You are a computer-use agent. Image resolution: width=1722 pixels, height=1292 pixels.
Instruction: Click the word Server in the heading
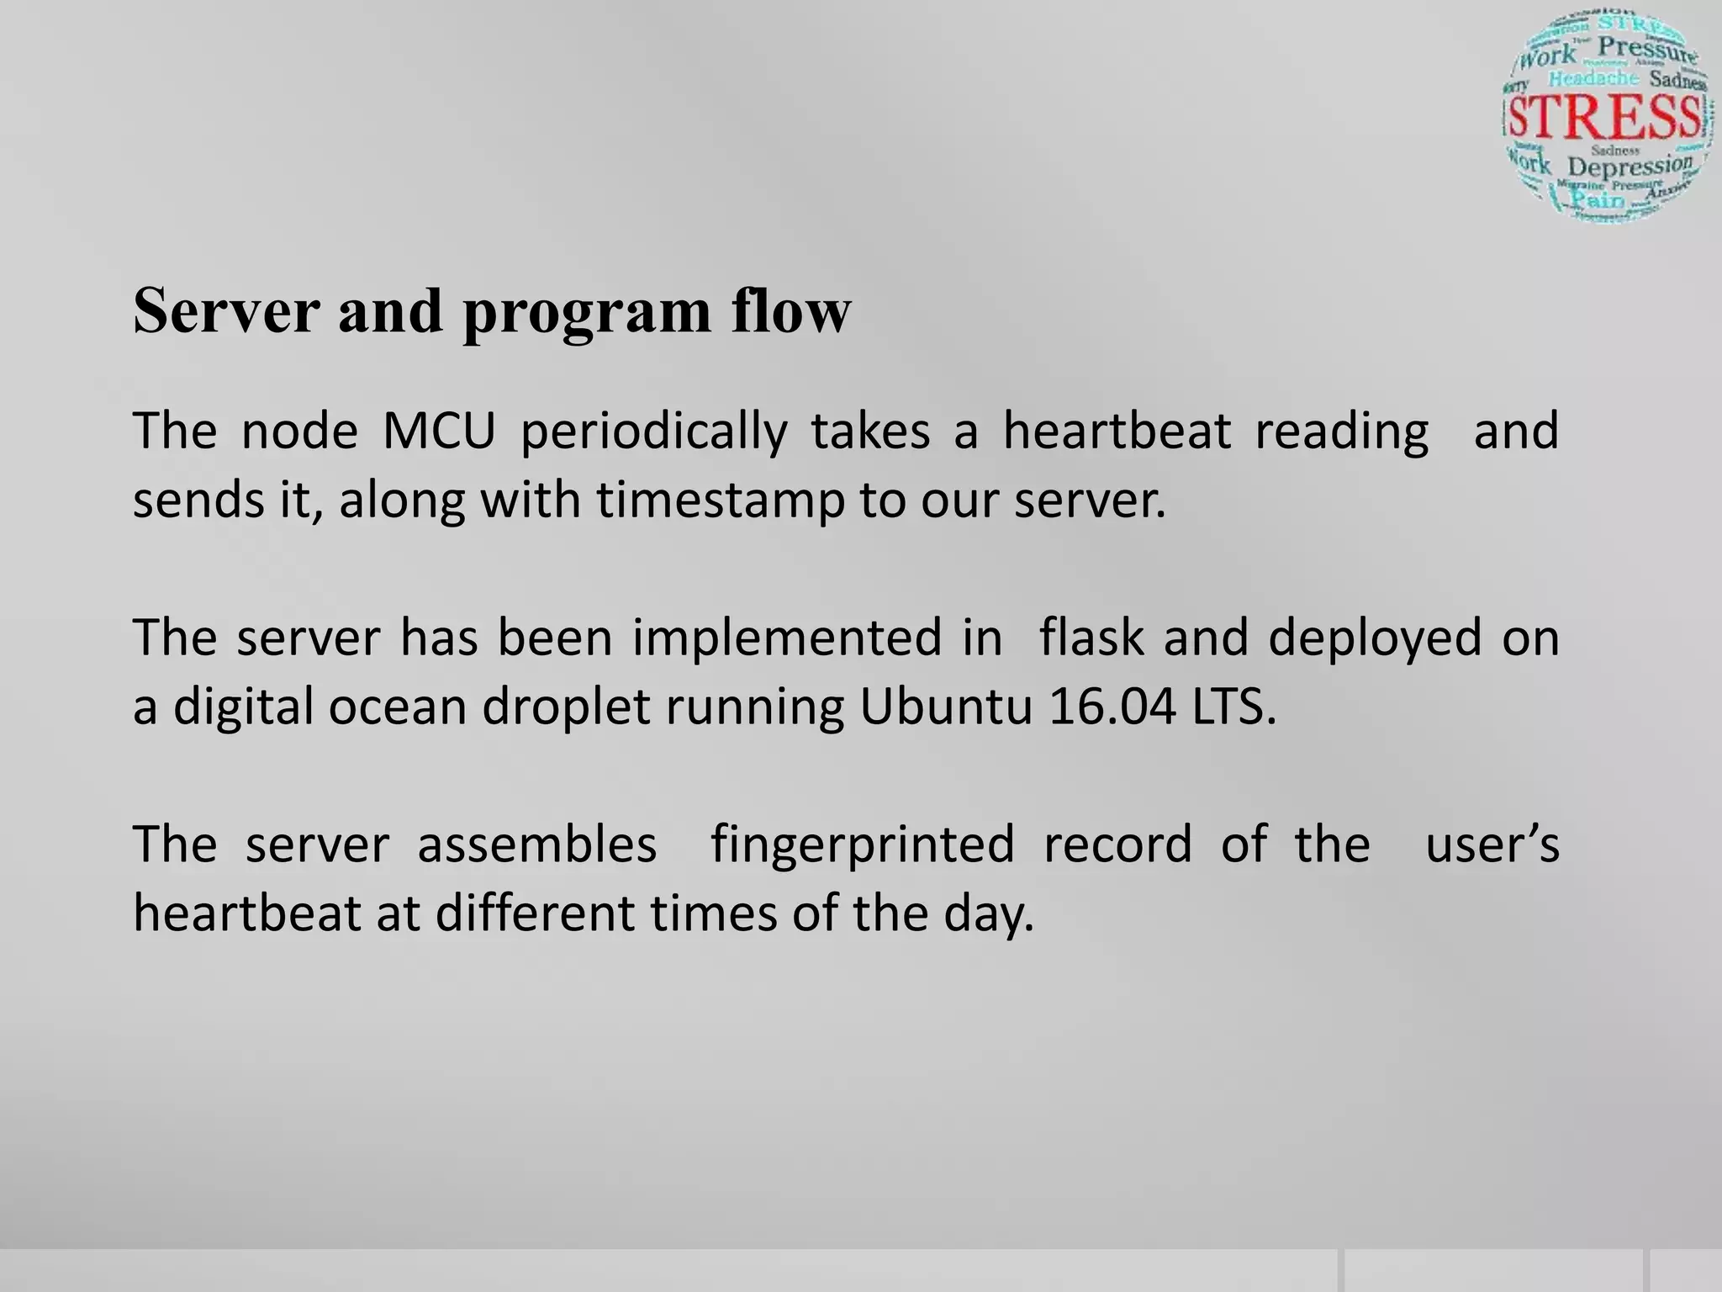coord(226,311)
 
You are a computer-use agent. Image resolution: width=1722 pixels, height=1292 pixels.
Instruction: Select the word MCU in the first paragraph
coord(438,431)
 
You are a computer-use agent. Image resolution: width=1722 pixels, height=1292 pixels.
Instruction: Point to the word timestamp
coord(720,501)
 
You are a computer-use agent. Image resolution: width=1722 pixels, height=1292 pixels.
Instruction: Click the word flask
coord(1091,637)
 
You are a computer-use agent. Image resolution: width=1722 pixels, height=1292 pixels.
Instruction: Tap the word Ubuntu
coord(945,707)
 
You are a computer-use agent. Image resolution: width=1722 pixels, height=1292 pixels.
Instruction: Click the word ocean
coord(397,707)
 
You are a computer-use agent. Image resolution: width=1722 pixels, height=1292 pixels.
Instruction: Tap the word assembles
coord(536,845)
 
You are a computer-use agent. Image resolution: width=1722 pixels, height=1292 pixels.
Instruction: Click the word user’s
coord(1492,845)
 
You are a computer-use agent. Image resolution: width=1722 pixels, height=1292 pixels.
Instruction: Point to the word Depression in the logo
coord(1630,166)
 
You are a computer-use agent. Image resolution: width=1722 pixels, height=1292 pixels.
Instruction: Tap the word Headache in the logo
coord(1593,78)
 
